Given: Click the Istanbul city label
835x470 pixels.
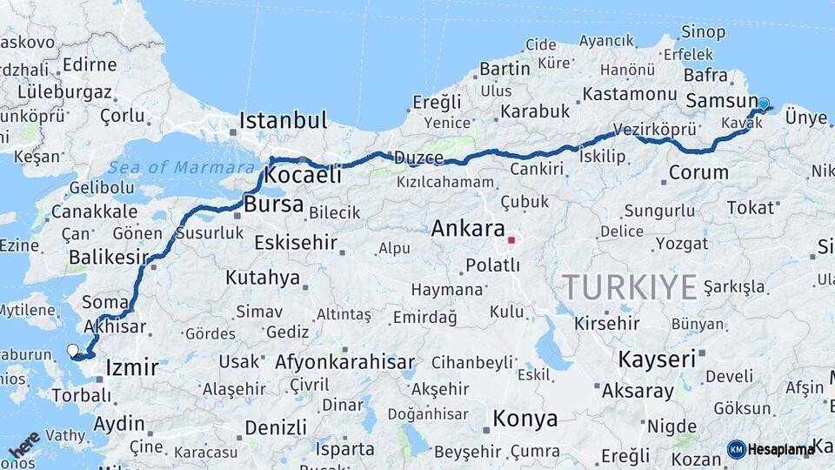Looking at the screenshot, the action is click(283, 120).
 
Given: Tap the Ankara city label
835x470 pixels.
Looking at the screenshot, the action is click(468, 229).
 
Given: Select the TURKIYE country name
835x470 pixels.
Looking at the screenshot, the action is click(629, 285).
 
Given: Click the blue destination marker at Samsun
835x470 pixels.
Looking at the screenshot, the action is click(763, 104).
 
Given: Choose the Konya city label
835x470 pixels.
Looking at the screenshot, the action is click(524, 419).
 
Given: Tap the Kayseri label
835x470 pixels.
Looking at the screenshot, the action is click(657, 359).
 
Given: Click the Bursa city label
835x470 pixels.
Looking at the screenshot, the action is click(274, 205).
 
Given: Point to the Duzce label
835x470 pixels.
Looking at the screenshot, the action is click(418, 158).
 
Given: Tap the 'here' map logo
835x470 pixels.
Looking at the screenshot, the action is click(23, 445).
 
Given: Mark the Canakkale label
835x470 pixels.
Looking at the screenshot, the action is click(94, 211).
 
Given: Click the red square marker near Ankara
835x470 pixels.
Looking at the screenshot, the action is click(511, 239).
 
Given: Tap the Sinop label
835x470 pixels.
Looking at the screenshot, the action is click(704, 32).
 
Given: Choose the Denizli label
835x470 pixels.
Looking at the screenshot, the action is click(276, 427).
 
